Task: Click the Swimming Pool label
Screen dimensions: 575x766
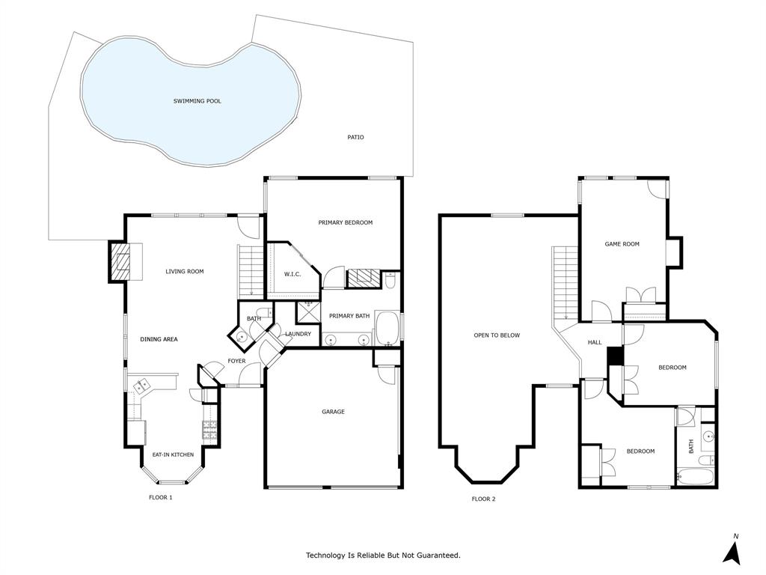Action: click(x=197, y=101)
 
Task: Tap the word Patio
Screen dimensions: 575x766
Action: click(x=356, y=137)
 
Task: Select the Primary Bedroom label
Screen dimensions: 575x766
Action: click(x=345, y=222)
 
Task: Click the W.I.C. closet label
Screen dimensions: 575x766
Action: click(x=292, y=274)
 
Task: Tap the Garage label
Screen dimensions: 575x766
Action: click(x=333, y=412)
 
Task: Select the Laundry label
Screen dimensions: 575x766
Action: click(x=298, y=334)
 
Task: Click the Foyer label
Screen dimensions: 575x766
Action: click(x=236, y=361)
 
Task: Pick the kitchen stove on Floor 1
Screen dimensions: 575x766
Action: click(x=209, y=431)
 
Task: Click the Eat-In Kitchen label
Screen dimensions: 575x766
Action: click(x=173, y=454)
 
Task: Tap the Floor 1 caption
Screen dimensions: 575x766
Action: click(x=160, y=497)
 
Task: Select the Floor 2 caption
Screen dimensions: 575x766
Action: click(x=483, y=499)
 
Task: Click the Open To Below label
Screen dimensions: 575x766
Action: click(x=497, y=335)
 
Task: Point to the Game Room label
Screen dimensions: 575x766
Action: click(x=622, y=244)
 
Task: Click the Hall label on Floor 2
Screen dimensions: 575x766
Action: click(x=595, y=342)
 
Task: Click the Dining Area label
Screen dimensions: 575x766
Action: click(x=159, y=339)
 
